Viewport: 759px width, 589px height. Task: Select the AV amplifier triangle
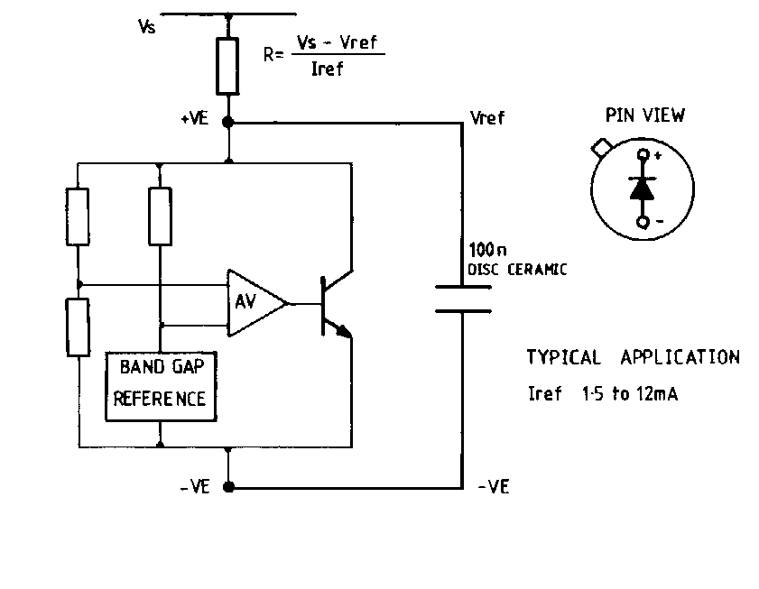point(252,302)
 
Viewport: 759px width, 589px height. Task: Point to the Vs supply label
point(146,27)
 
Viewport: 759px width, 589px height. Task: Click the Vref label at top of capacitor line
point(487,118)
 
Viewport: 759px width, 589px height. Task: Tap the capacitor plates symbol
point(463,299)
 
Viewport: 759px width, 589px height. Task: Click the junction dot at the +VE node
point(228,121)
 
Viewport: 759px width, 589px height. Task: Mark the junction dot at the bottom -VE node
point(228,487)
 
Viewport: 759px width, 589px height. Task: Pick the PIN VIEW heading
point(644,115)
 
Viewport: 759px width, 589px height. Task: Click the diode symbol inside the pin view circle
point(643,188)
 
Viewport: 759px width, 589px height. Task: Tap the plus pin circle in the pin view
point(643,155)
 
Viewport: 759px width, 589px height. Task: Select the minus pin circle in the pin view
point(643,221)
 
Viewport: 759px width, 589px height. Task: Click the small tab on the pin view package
point(599,145)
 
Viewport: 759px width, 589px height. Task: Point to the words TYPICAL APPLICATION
point(633,357)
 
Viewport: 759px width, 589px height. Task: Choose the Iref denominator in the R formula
point(327,70)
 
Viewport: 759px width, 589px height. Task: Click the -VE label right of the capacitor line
point(493,487)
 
